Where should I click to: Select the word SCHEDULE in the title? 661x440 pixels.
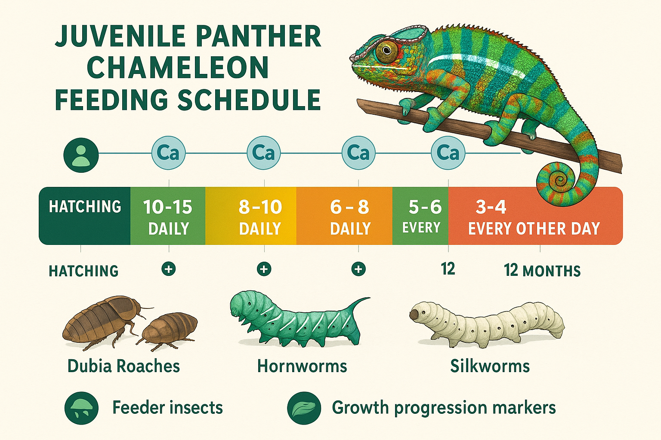[249, 100]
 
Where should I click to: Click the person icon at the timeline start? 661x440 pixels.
[81, 155]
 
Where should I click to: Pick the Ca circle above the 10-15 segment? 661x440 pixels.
[168, 153]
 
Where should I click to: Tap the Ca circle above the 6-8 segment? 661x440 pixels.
[358, 153]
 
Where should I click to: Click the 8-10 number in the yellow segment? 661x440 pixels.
[260, 208]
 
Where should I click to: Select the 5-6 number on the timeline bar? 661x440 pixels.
[425, 208]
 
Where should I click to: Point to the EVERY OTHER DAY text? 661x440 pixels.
[534, 229]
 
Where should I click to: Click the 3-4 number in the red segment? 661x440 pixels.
[491, 208]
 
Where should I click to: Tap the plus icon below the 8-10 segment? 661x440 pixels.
[264, 269]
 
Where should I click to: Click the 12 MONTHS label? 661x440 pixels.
[542, 271]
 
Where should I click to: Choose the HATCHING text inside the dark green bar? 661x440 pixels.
[85, 207]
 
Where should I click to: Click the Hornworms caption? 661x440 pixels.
[302, 367]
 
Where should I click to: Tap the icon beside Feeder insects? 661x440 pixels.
[81, 408]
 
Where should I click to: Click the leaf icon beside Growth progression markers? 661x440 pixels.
[304, 408]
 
